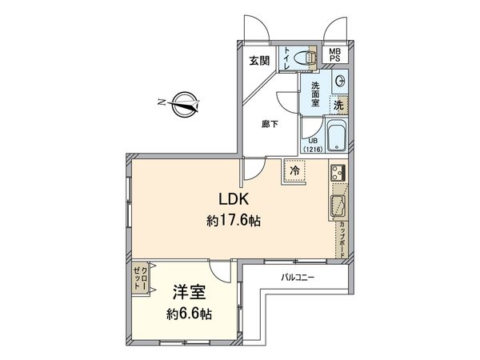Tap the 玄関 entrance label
click(258, 60)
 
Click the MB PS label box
click(337, 55)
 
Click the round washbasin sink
click(341, 80)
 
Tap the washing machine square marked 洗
click(338, 105)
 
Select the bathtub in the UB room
click(336, 136)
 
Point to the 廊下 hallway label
click(270, 124)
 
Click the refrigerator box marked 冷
click(294, 171)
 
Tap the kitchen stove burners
click(337, 173)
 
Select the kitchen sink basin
click(338, 205)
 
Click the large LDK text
click(232, 200)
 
